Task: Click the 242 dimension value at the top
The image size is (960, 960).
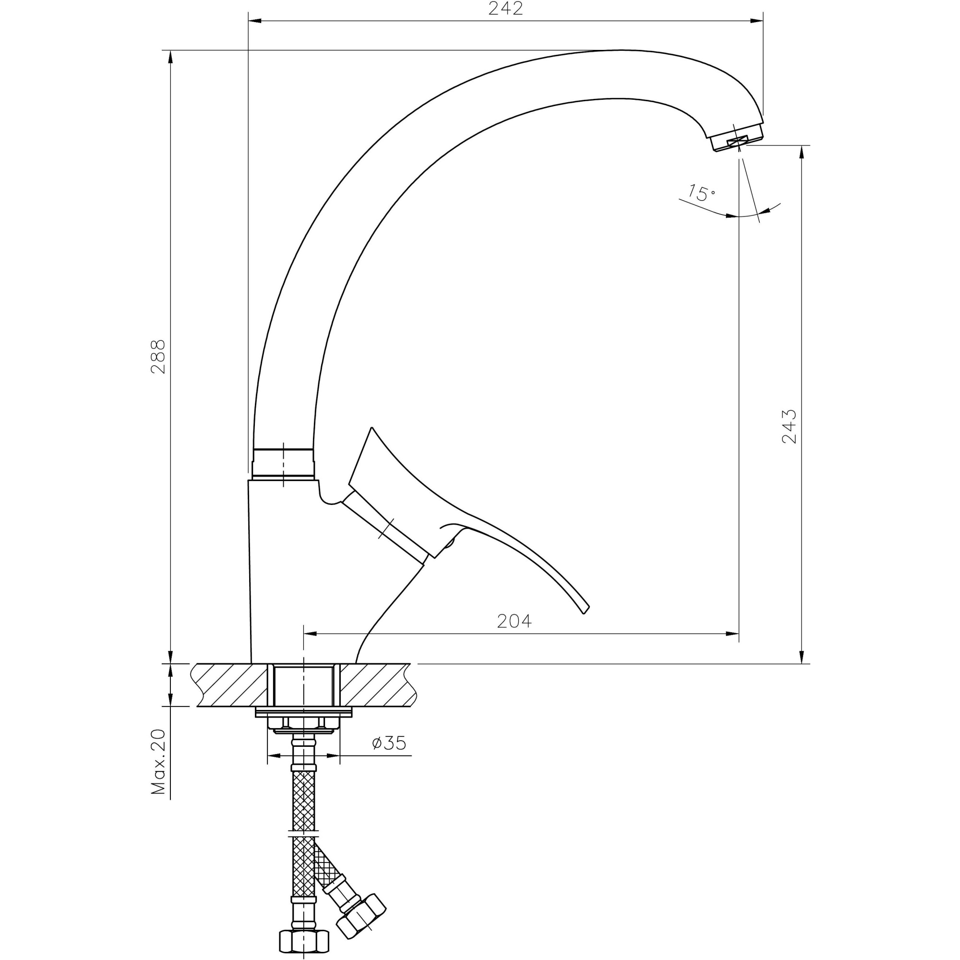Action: (505, 9)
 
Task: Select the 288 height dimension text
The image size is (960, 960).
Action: (158, 356)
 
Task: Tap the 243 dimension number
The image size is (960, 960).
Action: (789, 426)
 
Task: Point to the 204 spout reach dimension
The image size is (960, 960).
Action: (514, 621)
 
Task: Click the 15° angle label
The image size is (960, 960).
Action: (702, 193)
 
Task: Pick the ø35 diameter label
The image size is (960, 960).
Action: (389, 757)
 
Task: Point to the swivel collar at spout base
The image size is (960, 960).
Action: (283, 464)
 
